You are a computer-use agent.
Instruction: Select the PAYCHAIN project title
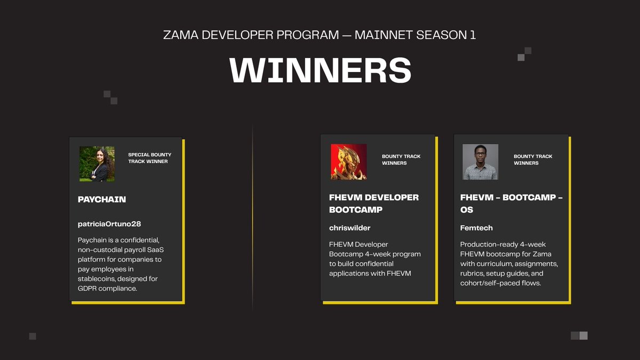point(102,199)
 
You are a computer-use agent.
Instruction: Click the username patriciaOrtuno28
point(109,224)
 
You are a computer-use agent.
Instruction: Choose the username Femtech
point(476,228)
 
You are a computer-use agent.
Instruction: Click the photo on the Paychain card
point(97,164)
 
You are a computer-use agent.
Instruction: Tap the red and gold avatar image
point(348,162)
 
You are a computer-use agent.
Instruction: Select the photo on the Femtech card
point(480,162)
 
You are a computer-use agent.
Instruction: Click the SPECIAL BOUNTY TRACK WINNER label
point(150,158)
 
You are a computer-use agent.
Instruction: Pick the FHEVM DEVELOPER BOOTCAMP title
point(374,203)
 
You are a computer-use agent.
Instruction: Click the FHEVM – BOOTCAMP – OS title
point(511,203)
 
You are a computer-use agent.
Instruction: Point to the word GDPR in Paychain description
point(89,289)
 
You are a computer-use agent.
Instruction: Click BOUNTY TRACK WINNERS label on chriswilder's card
point(401,159)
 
